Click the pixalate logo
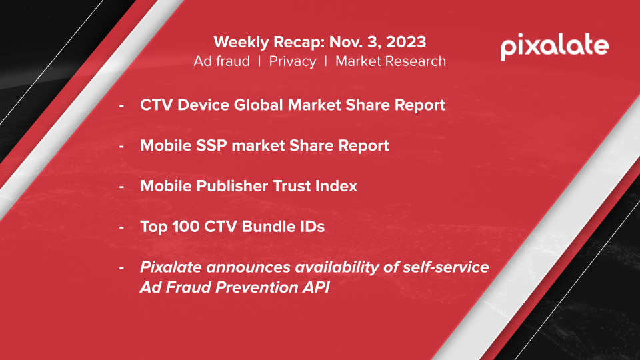pos(554,47)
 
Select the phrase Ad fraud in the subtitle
pos(222,61)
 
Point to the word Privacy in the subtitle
pos(293,61)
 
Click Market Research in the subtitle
pos(391,61)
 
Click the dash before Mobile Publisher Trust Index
pos(121,187)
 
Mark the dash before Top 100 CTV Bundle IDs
pos(121,227)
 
